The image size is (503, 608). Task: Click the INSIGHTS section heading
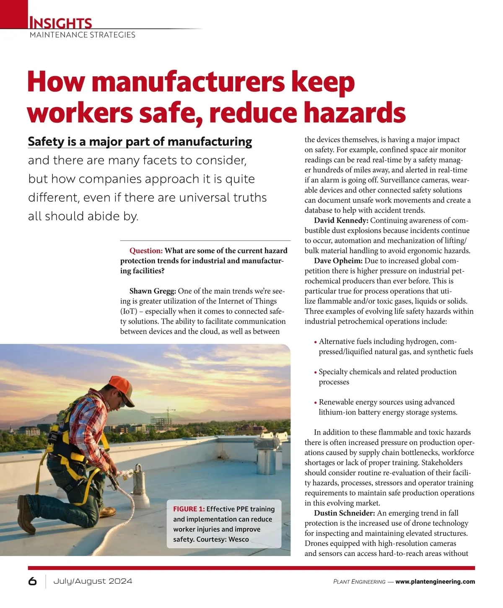(x=60, y=22)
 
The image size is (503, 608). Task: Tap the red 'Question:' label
(x=146, y=251)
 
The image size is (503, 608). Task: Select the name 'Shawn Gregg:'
(x=153, y=291)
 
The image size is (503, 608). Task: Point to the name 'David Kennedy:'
(x=341, y=221)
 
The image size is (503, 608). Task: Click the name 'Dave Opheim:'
(x=338, y=261)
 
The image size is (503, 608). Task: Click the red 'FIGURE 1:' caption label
(x=189, y=509)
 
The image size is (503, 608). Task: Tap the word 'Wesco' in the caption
(x=239, y=539)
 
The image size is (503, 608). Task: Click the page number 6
(x=32, y=581)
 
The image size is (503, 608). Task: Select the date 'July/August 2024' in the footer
(x=93, y=581)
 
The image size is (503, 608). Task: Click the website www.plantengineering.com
(x=435, y=582)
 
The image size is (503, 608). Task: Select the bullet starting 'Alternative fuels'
(x=395, y=346)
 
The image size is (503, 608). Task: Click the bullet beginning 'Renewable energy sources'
(x=387, y=407)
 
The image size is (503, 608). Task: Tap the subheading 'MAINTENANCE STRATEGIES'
(x=83, y=35)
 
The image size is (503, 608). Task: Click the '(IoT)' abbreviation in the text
(x=129, y=311)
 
